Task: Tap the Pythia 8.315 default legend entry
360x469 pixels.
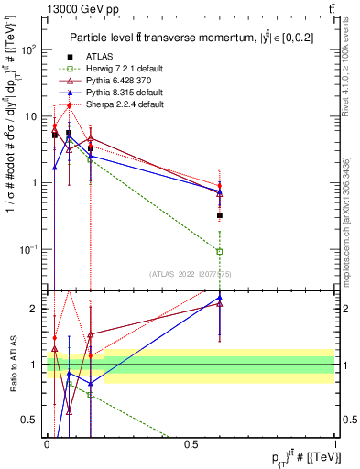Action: click(124, 93)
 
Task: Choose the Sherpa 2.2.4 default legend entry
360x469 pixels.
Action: click(124, 104)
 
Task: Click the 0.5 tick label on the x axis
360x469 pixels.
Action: click(191, 443)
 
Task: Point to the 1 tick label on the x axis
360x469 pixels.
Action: click(335, 443)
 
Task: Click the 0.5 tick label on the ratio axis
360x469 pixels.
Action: click(30, 420)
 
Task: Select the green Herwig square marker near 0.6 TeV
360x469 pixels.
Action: click(220, 251)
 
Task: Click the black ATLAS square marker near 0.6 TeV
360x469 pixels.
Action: click(220, 215)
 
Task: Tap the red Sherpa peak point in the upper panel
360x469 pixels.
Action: click(70, 104)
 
